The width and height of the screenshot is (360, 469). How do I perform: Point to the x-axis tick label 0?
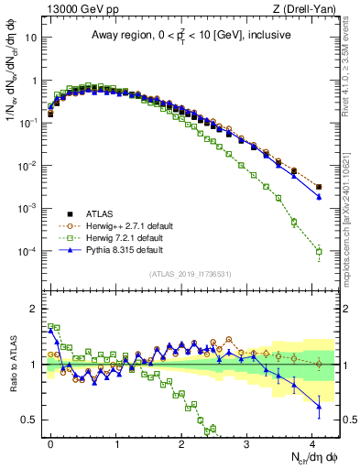point(51,442)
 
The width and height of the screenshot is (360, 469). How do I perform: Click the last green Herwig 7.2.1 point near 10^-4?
point(319,251)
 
